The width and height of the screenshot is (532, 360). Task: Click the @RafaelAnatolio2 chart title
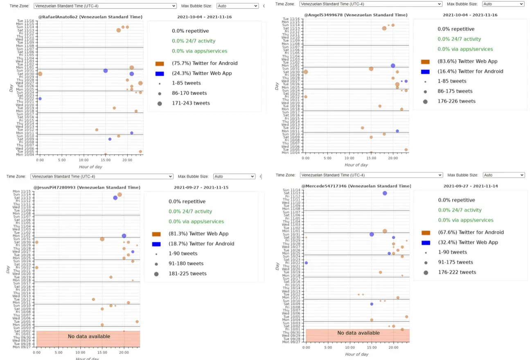point(90,17)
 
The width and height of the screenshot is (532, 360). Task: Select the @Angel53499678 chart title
point(356,15)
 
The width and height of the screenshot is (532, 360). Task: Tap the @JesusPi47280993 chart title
point(87,187)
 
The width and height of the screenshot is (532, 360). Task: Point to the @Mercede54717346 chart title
point(354,186)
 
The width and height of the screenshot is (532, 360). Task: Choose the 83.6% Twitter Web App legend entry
point(467,61)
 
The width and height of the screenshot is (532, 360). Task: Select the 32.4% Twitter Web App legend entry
point(468,242)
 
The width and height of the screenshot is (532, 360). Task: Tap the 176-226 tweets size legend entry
point(456,101)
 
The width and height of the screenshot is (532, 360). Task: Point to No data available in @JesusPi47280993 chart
point(89,336)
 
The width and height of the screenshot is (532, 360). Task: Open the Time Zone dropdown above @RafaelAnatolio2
point(105,6)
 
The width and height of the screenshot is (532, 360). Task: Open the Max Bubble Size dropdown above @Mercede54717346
point(503,175)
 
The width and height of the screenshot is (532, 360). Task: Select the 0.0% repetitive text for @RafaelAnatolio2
point(190,31)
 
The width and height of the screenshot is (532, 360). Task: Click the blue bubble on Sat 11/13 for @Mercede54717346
point(385,193)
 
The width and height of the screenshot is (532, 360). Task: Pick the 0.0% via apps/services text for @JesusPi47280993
point(196,222)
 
